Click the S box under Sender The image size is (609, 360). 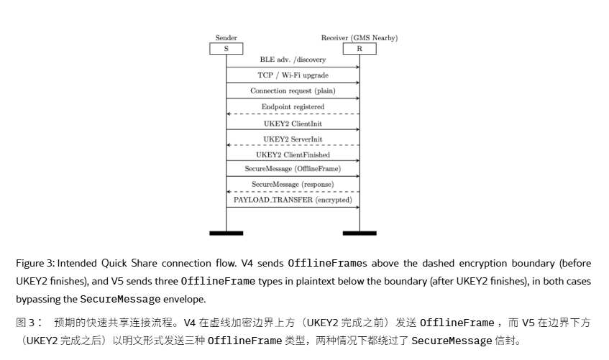tap(226, 49)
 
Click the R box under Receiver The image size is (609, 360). tap(360, 49)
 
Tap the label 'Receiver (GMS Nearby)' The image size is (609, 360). tap(360, 37)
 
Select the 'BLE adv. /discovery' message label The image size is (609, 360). tap(293, 60)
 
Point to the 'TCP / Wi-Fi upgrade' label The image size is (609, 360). tap(293, 75)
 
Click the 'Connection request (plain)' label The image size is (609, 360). tap(293, 91)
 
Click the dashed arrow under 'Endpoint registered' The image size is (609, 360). tap(293, 114)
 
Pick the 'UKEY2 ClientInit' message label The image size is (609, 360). tap(293, 124)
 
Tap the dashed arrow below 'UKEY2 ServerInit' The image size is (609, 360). tap(293, 145)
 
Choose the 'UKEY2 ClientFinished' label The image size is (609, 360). tap(293, 154)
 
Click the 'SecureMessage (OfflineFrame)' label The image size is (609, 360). tap(293, 169)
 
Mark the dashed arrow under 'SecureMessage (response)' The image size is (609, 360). tap(293, 191)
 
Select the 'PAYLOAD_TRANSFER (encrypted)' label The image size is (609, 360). tap(293, 200)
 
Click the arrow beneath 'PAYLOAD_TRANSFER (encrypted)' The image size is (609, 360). tap(293, 207)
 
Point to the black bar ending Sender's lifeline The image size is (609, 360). tap(226, 233)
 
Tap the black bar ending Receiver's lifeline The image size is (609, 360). tap(360, 233)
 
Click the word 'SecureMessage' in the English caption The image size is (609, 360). tap(120, 299)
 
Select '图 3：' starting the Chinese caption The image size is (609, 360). tap(29, 323)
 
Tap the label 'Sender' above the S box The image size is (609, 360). tap(226, 37)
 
